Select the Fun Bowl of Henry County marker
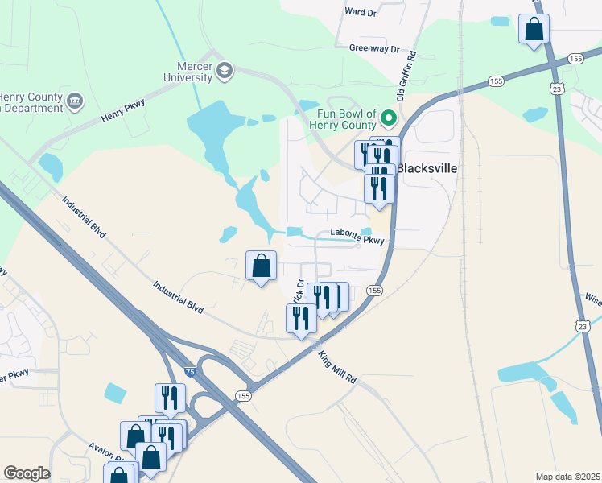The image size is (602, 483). point(390,119)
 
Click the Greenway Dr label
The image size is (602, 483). point(374,48)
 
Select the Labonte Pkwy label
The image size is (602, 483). point(359,234)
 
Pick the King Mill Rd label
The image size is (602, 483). point(336,366)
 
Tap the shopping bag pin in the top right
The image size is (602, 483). point(534,31)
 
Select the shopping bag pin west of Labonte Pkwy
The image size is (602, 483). point(261,266)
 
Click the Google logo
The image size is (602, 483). point(27,473)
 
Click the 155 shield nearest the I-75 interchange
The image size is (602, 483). point(243,396)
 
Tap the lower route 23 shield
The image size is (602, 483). point(581,324)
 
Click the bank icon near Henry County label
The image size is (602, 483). point(75,101)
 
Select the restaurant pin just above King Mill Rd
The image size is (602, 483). point(301,319)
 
